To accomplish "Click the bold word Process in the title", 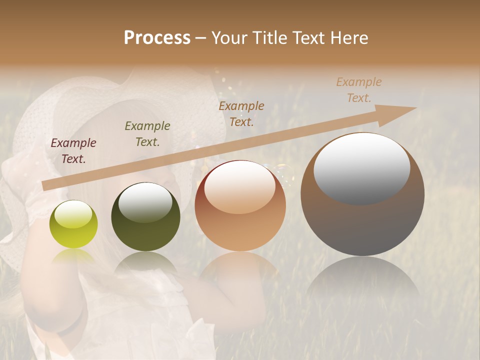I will [x=157, y=38].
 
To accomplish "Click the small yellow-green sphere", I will [x=73, y=224].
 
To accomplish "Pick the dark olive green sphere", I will [x=145, y=216].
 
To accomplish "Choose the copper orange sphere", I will [x=240, y=205].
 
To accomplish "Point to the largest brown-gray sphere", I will [x=362, y=194].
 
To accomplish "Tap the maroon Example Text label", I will [x=73, y=151].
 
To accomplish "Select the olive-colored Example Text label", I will [x=147, y=134].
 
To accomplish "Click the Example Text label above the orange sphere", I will [x=241, y=113].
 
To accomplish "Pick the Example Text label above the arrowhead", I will [x=359, y=90].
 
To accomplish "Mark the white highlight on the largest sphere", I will [x=361, y=168].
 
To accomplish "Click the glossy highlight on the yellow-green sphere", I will [x=73, y=214].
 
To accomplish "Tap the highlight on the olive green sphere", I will [x=145, y=202].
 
